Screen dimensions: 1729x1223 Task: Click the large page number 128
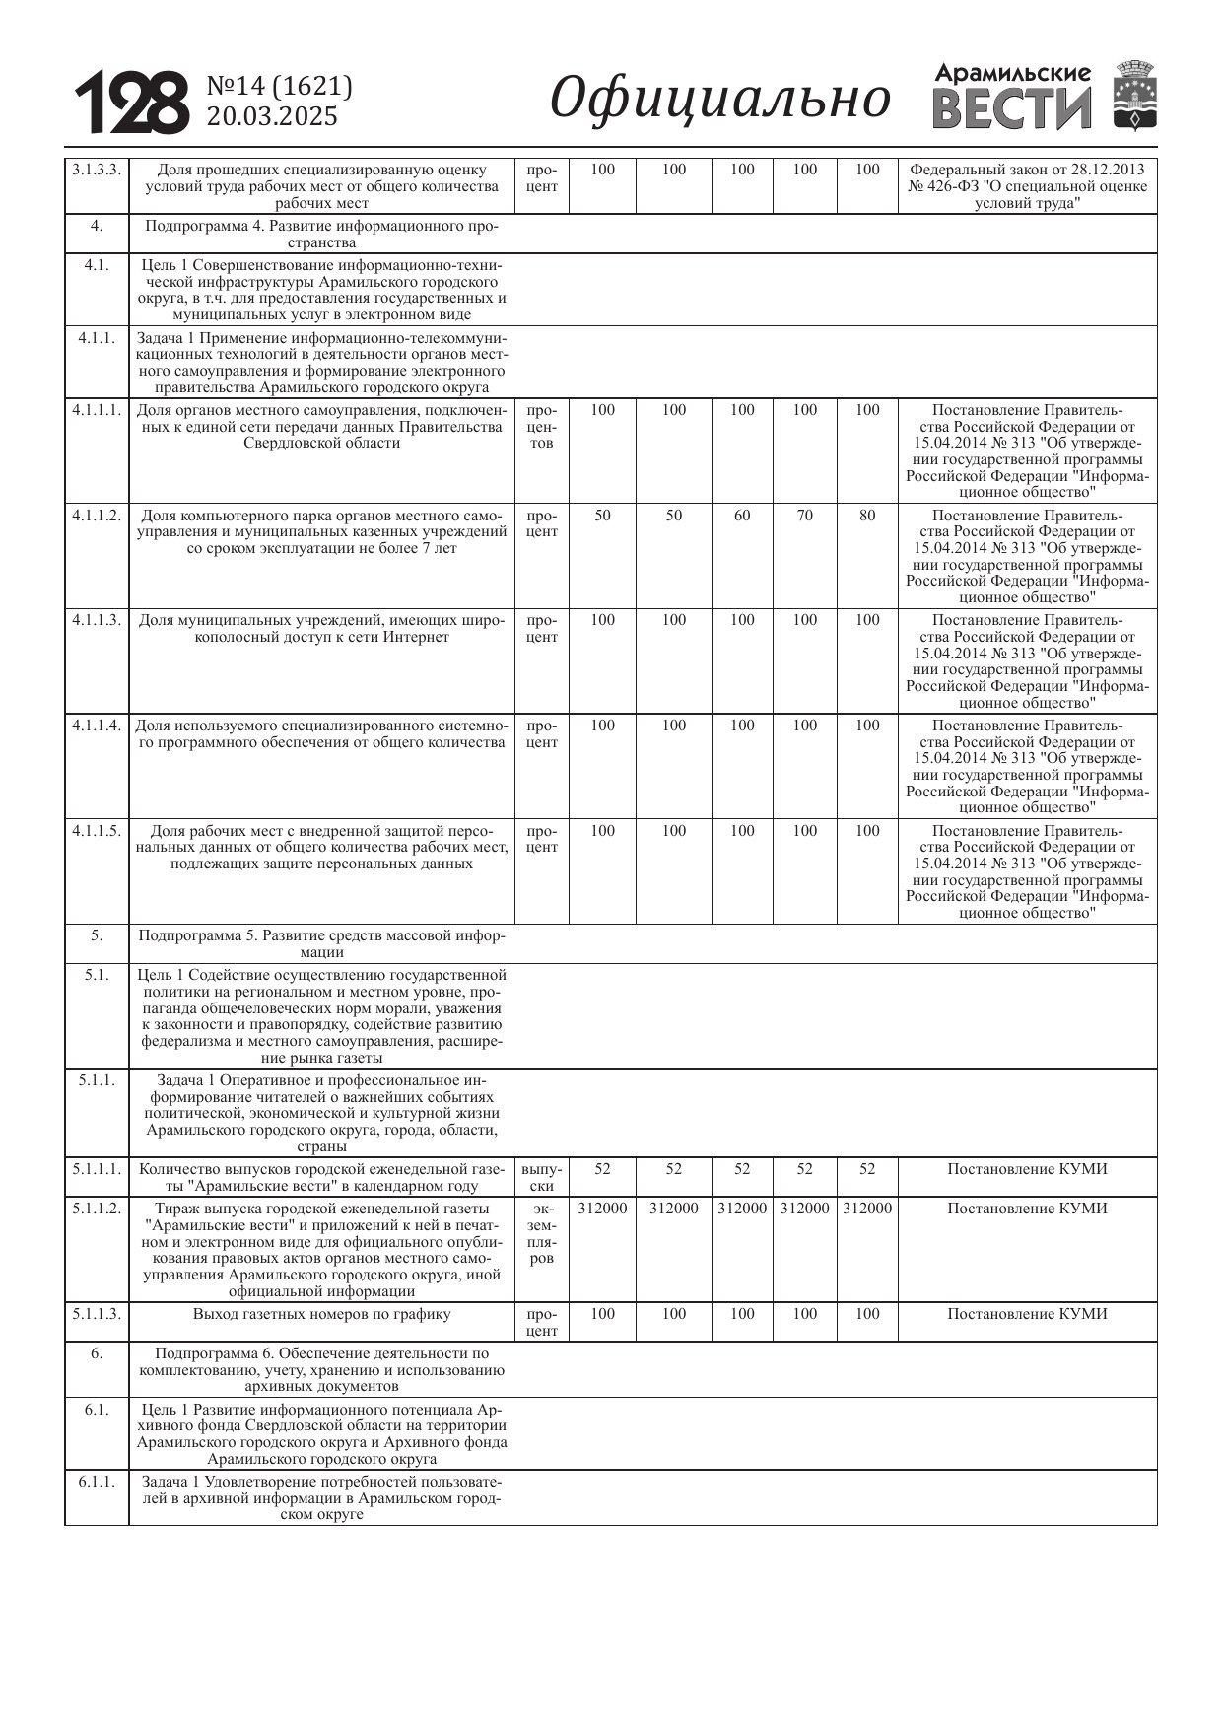click(x=132, y=102)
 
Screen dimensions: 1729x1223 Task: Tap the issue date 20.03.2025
click(x=271, y=116)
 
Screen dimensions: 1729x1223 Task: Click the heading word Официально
click(x=720, y=98)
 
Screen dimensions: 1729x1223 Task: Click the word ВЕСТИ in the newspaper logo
click(x=1012, y=109)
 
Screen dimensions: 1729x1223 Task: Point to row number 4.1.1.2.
click(x=97, y=516)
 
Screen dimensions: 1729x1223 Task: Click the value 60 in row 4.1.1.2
click(x=742, y=516)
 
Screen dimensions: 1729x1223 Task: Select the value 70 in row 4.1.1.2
click(x=805, y=516)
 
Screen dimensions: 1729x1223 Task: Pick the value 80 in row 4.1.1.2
click(x=867, y=516)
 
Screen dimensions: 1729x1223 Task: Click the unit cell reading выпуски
click(x=542, y=1177)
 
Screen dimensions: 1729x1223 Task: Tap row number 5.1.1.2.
click(x=97, y=1209)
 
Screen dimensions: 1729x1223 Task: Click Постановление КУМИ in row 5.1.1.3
click(x=1027, y=1314)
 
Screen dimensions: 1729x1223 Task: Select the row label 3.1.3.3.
click(x=97, y=169)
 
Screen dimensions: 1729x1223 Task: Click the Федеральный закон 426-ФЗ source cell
click(x=1027, y=185)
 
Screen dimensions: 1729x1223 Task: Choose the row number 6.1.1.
click(x=97, y=1482)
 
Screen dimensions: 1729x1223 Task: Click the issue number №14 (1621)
click(x=279, y=87)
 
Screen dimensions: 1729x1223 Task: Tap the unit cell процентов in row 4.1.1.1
click(x=542, y=426)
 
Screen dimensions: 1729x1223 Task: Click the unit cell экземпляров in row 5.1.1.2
click(x=542, y=1233)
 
